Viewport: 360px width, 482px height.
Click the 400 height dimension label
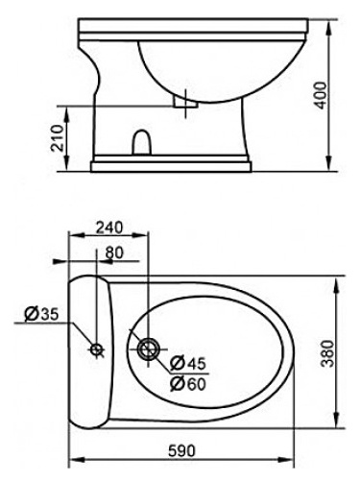[321, 95]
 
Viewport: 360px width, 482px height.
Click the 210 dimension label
[58, 138]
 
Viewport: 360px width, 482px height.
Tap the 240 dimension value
[109, 228]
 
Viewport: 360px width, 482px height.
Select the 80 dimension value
[114, 253]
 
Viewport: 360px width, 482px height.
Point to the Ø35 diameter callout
[41, 314]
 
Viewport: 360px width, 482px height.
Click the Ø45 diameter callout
[188, 364]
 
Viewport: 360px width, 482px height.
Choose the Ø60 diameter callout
[188, 384]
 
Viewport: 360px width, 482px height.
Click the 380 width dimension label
[327, 353]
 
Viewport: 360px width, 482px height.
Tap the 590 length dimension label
[181, 451]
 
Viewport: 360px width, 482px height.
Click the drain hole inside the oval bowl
[149, 349]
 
